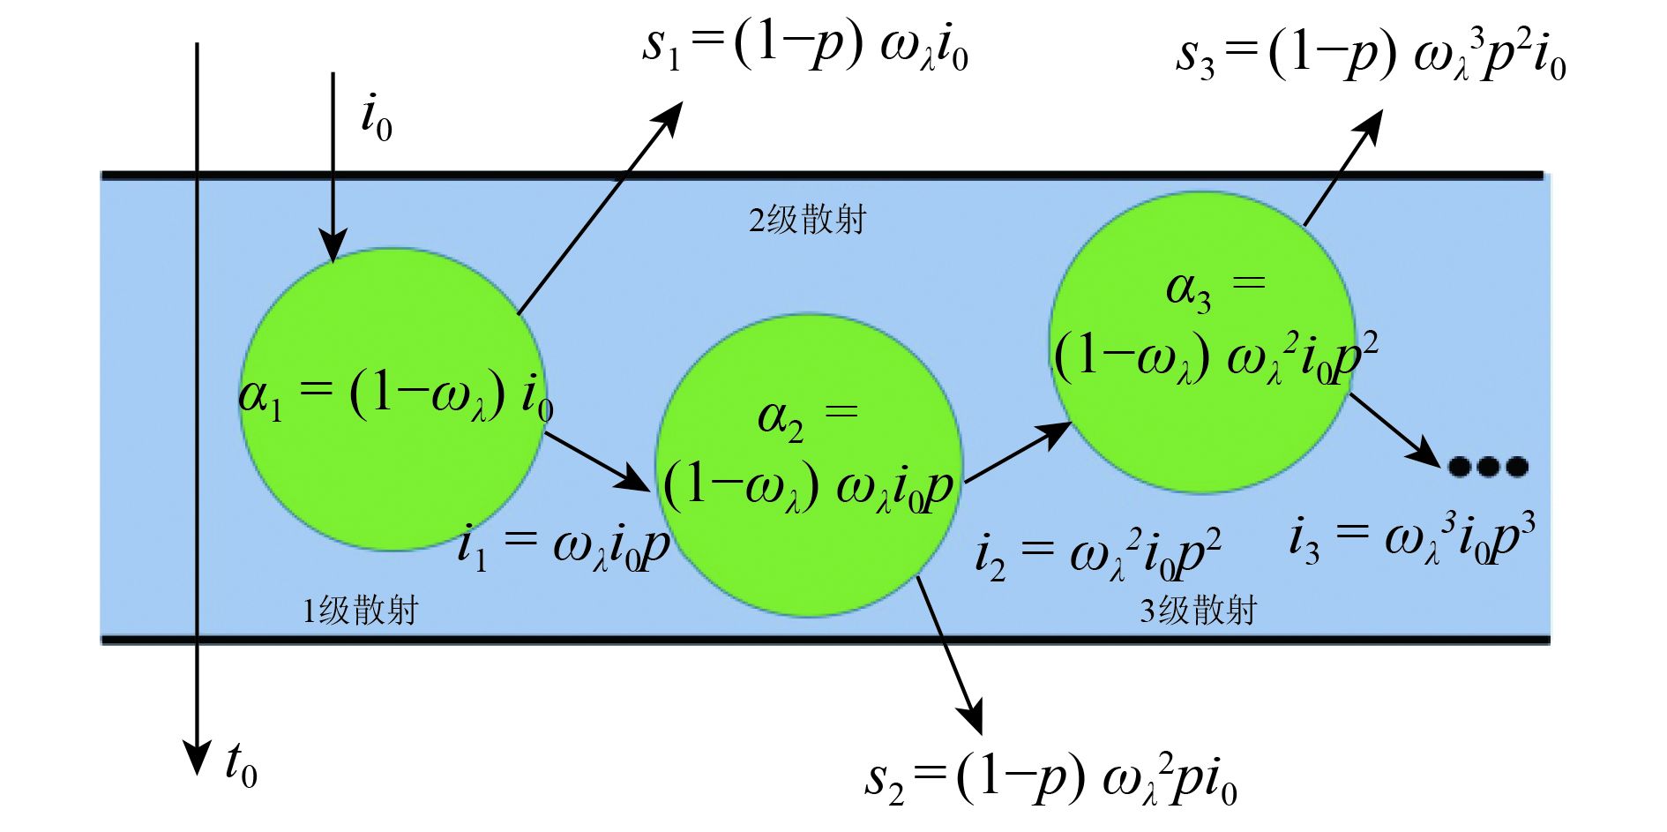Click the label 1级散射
tap(360, 610)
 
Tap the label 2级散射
tap(807, 220)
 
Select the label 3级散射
tap(1198, 610)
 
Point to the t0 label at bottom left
tap(241, 764)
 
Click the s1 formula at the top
tap(805, 46)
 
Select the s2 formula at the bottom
tap(1050, 780)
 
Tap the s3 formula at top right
tap(1371, 55)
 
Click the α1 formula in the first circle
tap(396, 394)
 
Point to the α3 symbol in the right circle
tap(1188, 290)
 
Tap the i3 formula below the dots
tap(1412, 538)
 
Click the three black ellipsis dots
tap(1488, 466)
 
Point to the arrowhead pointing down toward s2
tap(971, 716)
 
